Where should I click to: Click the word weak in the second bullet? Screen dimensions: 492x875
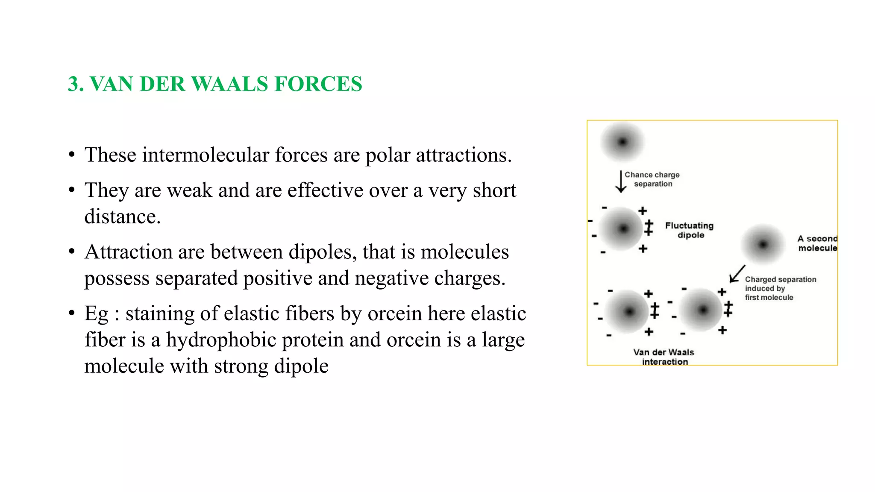(189, 190)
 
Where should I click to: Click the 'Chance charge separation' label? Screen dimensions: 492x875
(652, 179)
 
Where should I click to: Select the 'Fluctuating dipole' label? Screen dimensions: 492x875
(689, 230)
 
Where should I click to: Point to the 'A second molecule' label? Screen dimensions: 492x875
(817, 243)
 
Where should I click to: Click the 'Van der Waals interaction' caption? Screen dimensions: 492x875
(664, 357)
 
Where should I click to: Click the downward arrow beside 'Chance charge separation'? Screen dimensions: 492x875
(621, 182)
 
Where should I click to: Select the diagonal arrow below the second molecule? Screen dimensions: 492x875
(737, 274)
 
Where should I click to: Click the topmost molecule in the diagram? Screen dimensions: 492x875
(622, 142)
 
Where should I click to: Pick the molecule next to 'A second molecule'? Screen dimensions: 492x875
(763, 244)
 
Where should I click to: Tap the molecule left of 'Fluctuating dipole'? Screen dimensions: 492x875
(623, 229)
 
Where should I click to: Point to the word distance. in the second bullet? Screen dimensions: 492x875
(122, 217)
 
